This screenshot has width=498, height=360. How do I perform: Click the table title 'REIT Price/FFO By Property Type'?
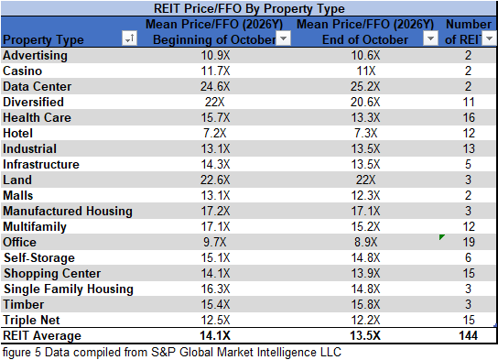coord(248,8)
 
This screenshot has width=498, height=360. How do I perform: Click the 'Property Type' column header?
coord(43,39)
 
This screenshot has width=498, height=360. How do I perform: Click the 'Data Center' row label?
coord(37,87)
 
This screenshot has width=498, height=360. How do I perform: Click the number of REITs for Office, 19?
coord(468,243)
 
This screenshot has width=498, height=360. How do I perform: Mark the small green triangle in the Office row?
coord(442,237)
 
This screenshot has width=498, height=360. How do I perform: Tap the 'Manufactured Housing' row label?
coord(68,212)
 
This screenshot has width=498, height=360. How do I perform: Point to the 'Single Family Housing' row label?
coord(69,289)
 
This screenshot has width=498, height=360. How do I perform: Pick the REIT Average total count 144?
coord(468,336)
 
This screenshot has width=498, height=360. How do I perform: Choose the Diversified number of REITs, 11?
coord(468,103)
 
